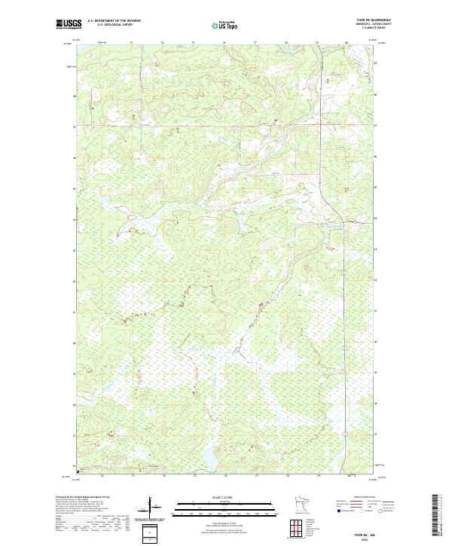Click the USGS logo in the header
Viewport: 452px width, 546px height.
point(69,25)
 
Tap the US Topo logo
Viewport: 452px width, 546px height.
point(224,25)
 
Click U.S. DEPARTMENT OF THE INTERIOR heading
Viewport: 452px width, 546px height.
point(114,21)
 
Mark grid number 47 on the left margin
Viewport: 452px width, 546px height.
point(74,127)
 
